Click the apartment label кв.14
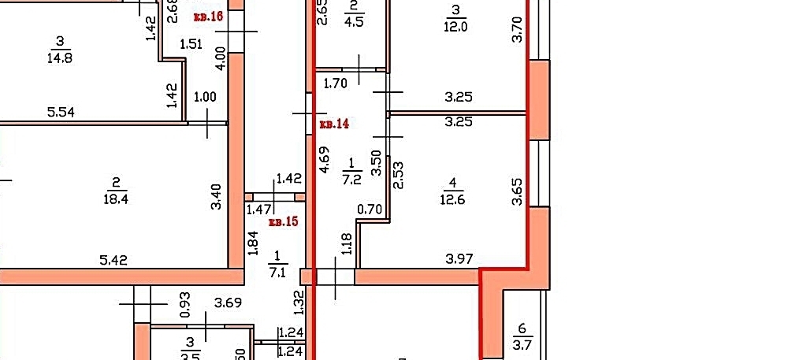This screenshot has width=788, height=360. [335, 124]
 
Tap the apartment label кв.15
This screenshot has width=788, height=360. [284, 222]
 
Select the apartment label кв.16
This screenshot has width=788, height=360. [208, 16]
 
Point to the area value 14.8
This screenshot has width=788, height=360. [59, 57]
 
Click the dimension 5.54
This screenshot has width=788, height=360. [61, 113]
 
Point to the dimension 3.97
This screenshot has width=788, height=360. [457, 258]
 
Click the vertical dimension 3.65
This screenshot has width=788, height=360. [517, 191]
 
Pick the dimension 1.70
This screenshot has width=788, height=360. [336, 80]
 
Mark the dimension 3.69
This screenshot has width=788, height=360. [228, 302]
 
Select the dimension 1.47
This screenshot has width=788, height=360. [259, 210]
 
